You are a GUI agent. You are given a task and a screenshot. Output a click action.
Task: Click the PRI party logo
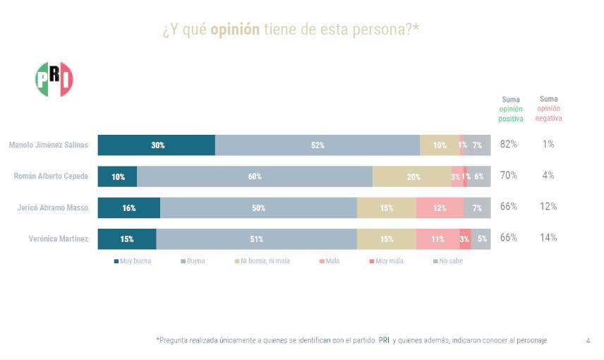click(54, 79)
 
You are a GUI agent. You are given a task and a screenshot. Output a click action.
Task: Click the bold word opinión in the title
click(235, 30)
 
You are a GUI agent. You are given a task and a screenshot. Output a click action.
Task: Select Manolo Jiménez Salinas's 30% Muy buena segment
click(157, 145)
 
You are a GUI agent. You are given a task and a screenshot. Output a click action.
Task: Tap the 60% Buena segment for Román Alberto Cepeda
click(254, 176)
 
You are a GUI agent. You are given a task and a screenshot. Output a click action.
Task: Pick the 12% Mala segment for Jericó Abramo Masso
click(439, 208)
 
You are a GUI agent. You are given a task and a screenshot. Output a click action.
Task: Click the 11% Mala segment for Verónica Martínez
click(437, 239)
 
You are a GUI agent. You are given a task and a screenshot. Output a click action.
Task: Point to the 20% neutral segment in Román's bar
click(412, 176)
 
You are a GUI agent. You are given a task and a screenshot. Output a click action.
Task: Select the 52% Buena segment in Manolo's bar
click(318, 145)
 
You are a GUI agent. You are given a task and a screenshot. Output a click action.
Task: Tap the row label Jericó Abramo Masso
click(53, 208)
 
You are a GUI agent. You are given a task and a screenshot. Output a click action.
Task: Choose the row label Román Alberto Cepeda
click(51, 176)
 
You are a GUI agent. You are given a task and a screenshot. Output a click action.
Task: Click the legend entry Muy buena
click(133, 261)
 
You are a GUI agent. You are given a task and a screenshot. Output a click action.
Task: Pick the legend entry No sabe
click(448, 261)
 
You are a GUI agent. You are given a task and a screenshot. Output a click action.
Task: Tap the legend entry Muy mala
click(386, 261)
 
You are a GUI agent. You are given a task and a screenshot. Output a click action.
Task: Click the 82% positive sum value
click(508, 144)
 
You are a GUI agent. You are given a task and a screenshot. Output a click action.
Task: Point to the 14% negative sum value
click(548, 238)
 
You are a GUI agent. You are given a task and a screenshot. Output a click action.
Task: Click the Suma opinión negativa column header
click(548, 109)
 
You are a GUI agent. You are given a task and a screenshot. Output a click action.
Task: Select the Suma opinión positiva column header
click(511, 109)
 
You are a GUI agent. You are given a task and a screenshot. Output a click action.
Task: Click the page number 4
click(588, 340)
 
